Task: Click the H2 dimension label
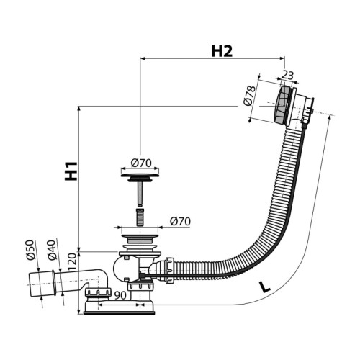point(222,51)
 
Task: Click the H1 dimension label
point(71,171)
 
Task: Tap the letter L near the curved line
point(265,287)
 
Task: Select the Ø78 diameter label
point(249,96)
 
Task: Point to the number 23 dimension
point(287,75)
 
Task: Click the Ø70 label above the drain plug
point(141,163)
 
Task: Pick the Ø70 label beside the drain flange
point(180,221)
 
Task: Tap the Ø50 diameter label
point(31,250)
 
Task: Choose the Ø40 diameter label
point(52,250)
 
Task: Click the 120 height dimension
point(72,262)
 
